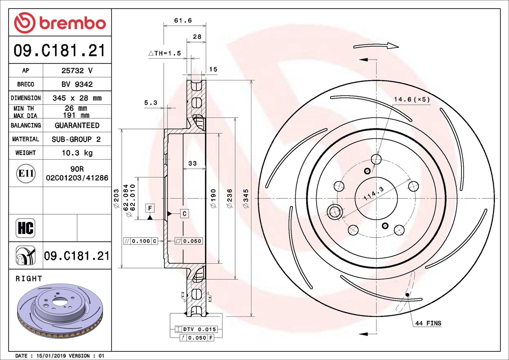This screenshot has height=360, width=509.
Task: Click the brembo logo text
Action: click(x=72, y=23)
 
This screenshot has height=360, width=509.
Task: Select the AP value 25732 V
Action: click(x=77, y=70)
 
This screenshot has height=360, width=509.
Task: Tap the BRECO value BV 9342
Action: click(x=77, y=84)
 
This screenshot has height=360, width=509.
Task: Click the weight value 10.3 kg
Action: click(x=77, y=153)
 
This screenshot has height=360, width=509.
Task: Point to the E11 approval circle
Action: click(x=26, y=173)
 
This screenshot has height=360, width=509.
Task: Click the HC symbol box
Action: click(x=26, y=228)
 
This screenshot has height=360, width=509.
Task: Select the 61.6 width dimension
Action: click(x=183, y=20)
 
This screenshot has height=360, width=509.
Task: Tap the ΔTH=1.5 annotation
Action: click(x=165, y=53)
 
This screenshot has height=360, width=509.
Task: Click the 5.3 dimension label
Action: click(x=151, y=103)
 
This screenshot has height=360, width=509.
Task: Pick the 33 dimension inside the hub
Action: click(x=192, y=163)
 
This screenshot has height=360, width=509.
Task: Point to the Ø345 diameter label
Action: click(x=246, y=198)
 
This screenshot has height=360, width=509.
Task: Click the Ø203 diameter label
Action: click(x=116, y=198)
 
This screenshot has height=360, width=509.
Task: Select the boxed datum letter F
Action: click(x=150, y=208)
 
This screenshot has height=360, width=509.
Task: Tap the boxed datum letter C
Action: click(x=184, y=213)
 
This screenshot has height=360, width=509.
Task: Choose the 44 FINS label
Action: click(x=428, y=323)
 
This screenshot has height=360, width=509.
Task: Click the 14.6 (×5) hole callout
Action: click(x=412, y=99)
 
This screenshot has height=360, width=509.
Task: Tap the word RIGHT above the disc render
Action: click(x=29, y=279)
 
